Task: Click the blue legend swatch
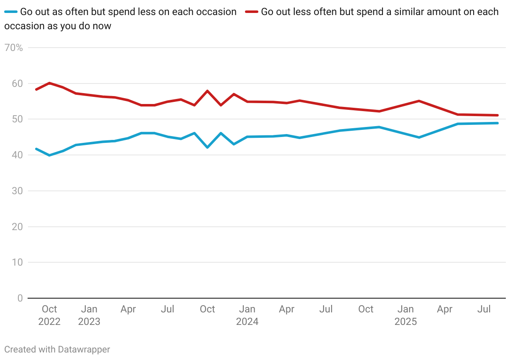[11, 12]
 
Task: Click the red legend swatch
[251, 12]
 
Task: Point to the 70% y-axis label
[13, 48]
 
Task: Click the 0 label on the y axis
[20, 298]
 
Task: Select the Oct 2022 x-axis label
[49, 315]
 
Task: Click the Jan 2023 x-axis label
[89, 315]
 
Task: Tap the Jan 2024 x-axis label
[247, 315]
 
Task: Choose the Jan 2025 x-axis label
[405, 315]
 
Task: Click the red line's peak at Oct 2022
[49, 83]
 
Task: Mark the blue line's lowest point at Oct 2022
[49, 155]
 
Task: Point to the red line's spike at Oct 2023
[207, 91]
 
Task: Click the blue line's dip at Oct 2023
[207, 147]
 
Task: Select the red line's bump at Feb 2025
[418, 101]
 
